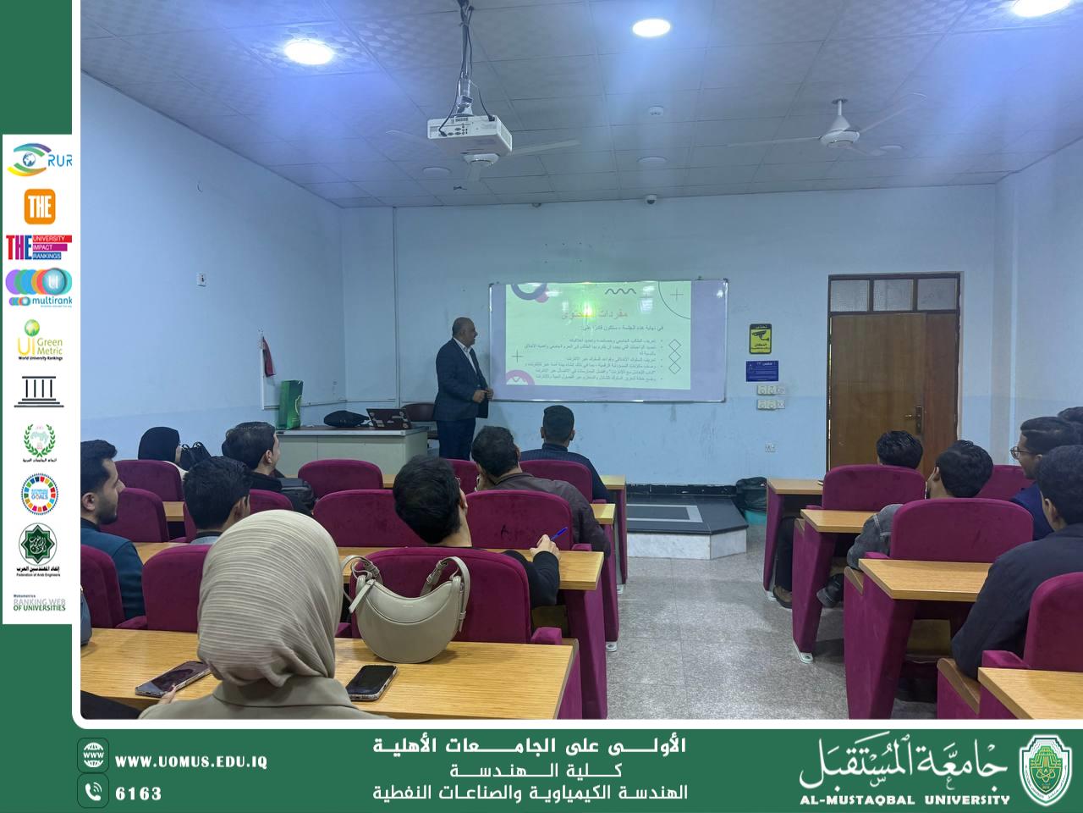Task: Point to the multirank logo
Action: coord(39,288)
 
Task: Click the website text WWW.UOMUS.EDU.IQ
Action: coord(191,762)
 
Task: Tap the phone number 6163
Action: coord(139,794)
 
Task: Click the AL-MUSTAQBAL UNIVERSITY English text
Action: coord(904,799)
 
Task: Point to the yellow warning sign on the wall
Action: coord(760,339)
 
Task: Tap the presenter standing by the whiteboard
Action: coord(459,394)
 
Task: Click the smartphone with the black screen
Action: coord(371,681)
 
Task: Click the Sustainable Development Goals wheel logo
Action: coord(39,494)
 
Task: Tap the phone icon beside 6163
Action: coord(93,792)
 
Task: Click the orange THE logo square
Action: coord(39,206)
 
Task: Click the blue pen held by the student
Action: coord(559,533)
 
